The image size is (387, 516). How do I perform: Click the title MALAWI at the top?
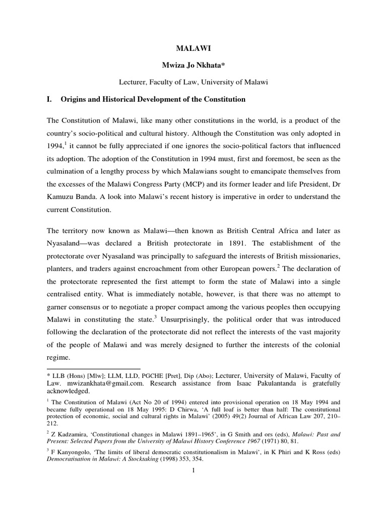(x=193, y=49)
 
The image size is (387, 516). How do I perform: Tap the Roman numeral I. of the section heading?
(x=50, y=99)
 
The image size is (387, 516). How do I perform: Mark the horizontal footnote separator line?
(x=93, y=369)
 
